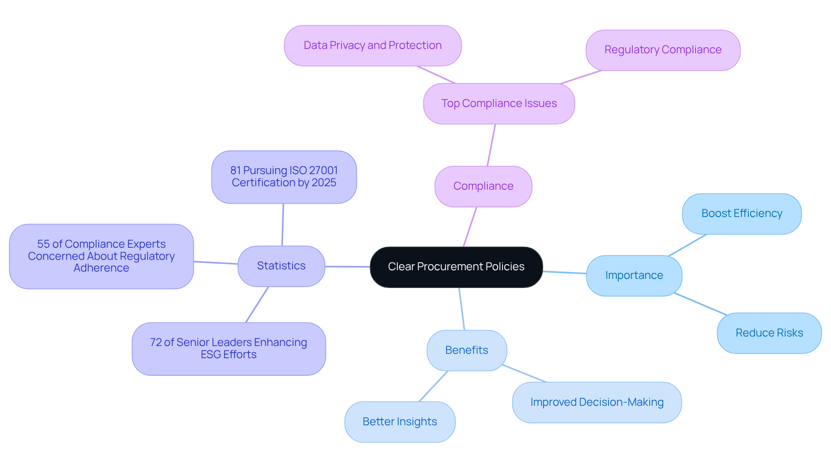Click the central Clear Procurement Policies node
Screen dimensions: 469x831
(x=456, y=267)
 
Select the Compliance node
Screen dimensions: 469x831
(x=483, y=186)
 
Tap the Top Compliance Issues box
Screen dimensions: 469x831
(x=499, y=104)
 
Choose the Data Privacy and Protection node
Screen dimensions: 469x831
(x=372, y=45)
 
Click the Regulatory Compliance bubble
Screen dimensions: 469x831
(x=663, y=50)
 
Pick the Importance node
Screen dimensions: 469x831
(x=634, y=275)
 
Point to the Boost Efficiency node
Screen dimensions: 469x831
(x=741, y=213)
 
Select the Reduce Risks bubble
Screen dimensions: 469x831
(x=769, y=333)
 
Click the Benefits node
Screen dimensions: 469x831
(x=466, y=350)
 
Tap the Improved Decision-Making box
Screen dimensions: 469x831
(x=596, y=402)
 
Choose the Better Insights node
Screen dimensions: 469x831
(x=399, y=422)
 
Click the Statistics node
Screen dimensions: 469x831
(x=281, y=266)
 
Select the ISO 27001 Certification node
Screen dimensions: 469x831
(x=283, y=177)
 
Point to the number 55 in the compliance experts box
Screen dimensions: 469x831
(x=43, y=244)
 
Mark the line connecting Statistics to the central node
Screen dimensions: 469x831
(x=347, y=267)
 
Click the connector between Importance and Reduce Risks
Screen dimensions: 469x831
(x=700, y=304)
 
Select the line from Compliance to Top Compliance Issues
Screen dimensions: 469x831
(x=491, y=145)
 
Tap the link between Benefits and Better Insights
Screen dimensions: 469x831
(x=433, y=386)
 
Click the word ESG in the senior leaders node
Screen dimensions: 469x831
(x=211, y=355)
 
